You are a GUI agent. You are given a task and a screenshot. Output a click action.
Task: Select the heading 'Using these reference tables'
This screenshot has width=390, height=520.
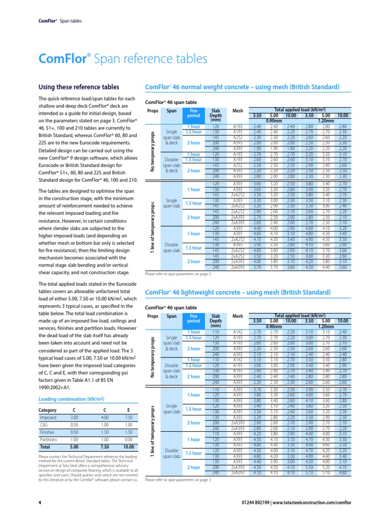point(79,87)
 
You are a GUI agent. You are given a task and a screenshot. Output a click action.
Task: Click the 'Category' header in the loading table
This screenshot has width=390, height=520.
point(48,410)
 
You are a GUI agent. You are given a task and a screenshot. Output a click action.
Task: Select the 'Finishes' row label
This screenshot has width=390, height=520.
point(48,432)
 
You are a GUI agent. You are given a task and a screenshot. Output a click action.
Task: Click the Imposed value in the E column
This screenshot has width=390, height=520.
point(127,417)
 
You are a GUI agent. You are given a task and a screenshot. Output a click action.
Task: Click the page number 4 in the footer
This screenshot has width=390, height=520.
point(40,503)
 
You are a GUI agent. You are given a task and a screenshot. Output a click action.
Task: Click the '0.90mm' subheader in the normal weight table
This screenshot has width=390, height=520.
point(274,120)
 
